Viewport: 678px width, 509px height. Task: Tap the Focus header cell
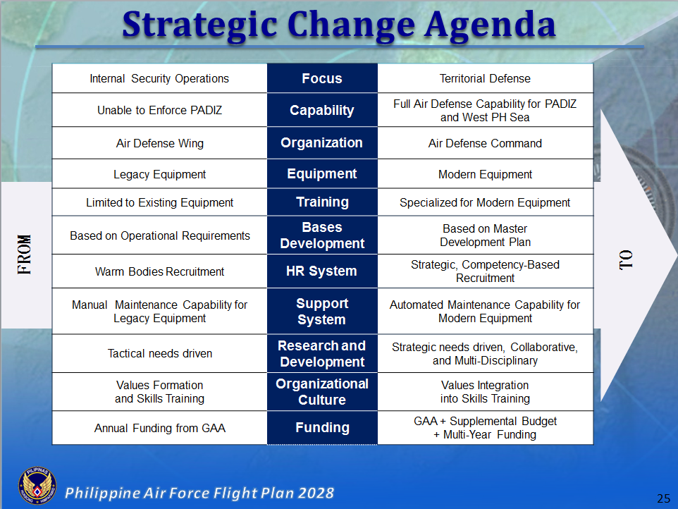pos(322,78)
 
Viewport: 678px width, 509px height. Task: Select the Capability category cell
pos(322,110)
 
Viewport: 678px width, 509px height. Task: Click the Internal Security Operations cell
pos(159,78)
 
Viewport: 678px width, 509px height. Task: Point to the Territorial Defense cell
pos(485,78)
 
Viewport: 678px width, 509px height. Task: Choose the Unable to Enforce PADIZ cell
pos(159,110)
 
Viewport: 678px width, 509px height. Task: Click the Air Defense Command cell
pos(485,143)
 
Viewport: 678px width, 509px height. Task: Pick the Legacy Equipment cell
pos(159,174)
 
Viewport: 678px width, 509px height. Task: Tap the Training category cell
pos(322,202)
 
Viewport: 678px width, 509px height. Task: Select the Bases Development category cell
pos(322,235)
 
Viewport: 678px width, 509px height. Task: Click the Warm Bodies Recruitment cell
pos(159,271)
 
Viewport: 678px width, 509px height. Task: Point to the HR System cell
pos(322,271)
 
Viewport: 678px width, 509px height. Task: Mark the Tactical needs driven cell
pos(159,353)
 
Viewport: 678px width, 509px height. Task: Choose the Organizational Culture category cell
pos(322,392)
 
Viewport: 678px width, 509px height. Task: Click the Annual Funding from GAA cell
pos(159,428)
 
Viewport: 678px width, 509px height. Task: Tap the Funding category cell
pos(322,428)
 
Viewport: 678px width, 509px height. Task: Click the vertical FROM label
pos(25,254)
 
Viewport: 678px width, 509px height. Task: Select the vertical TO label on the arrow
pos(626,259)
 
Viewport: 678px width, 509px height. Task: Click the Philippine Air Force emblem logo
pos(35,488)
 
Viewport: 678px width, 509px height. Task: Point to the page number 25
pos(663,498)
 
